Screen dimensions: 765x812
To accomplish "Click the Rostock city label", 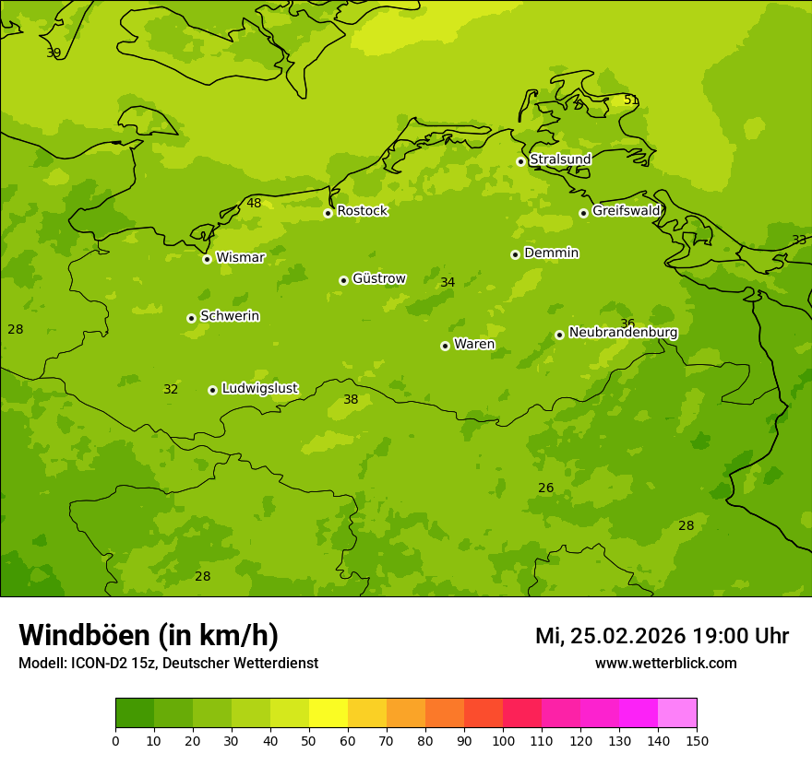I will (x=362, y=211).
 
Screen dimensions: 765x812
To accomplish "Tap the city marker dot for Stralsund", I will (x=520, y=161).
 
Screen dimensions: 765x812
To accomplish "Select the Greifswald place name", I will (x=626, y=211).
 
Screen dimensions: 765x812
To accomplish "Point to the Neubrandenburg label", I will (x=623, y=333).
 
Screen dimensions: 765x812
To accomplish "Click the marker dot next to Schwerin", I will (x=191, y=318).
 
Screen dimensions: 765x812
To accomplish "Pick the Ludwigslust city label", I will (x=259, y=389).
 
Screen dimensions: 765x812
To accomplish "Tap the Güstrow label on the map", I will (x=378, y=279).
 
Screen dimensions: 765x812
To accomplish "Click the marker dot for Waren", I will (x=445, y=346).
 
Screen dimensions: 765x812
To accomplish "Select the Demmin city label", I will (x=551, y=253).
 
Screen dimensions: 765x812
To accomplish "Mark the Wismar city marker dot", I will (x=207, y=259).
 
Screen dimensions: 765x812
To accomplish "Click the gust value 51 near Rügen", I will (x=631, y=100).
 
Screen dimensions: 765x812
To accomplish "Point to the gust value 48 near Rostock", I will (x=254, y=204).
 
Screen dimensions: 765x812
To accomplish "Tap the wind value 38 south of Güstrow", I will (x=351, y=400).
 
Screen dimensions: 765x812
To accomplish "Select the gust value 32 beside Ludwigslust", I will (x=171, y=390).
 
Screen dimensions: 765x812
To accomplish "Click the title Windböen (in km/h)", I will (x=149, y=635).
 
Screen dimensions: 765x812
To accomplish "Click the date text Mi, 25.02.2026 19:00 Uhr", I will (x=662, y=636).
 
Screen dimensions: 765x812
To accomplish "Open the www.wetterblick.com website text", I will (x=665, y=664).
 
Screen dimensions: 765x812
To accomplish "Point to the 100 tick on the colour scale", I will (x=503, y=740).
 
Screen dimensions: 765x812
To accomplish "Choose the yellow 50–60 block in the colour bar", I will (x=328, y=713).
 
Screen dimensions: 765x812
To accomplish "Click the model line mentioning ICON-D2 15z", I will (x=168, y=664).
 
